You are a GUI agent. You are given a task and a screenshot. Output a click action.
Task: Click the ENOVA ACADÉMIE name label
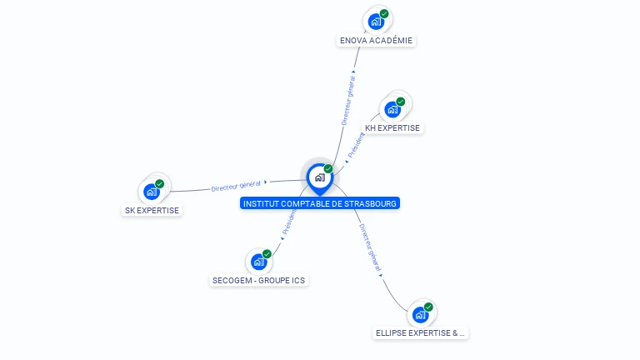(x=377, y=40)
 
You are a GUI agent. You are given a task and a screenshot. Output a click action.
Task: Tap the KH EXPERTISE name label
(x=392, y=128)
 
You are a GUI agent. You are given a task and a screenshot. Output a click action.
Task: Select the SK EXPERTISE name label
(x=152, y=210)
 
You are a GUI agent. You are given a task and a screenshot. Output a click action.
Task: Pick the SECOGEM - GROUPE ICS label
(x=259, y=281)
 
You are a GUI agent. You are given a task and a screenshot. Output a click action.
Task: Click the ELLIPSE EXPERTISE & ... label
(x=420, y=333)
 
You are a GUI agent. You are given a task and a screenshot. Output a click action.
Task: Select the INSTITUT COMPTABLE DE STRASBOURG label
(x=320, y=203)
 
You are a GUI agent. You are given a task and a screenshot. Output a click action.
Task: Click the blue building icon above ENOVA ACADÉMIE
(x=376, y=22)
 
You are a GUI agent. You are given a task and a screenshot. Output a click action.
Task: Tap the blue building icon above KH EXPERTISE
(x=392, y=109)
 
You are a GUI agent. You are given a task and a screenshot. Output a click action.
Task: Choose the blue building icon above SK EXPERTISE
(x=152, y=192)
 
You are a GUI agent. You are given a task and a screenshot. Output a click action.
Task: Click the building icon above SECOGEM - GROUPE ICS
(x=258, y=262)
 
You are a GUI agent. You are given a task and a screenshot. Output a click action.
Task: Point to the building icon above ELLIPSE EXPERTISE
(x=420, y=315)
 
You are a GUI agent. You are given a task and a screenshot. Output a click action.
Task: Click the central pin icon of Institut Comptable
(x=319, y=177)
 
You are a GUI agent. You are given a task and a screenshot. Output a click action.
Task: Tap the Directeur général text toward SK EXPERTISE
(x=236, y=186)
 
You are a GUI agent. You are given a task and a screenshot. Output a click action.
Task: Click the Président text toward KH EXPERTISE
(x=357, y=144)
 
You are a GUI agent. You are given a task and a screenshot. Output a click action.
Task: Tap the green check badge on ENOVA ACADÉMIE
(x=384, y=13)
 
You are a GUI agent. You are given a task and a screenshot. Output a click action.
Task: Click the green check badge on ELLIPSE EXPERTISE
(x=428, y=307)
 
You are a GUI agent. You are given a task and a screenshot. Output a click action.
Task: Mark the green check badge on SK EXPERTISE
(x=160, y=183)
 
